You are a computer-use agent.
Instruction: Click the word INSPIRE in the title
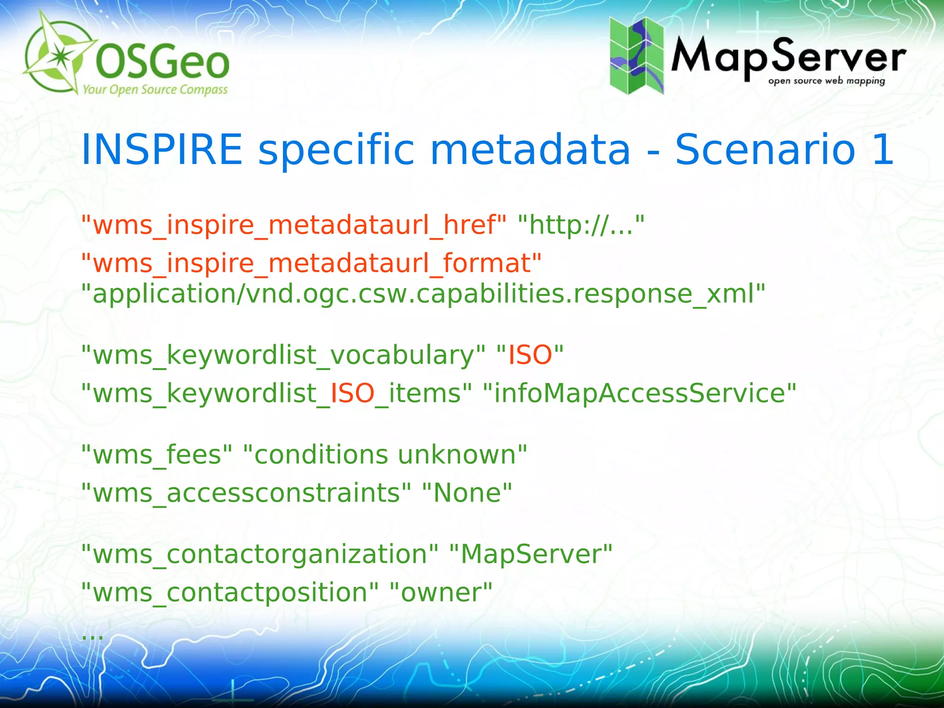click(x=161, y=149)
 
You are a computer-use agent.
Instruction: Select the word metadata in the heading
click(x=530, y=149)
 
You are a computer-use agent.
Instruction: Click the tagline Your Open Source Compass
click(x=155, y=89)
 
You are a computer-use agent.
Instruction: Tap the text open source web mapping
click(x=826, y=81)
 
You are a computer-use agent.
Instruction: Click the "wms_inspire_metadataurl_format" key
click(x=311, y=263)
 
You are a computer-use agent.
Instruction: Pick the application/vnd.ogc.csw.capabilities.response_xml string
click(x=423, y=294)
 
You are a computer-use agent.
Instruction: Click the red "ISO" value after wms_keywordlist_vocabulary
click(x=530, y=355)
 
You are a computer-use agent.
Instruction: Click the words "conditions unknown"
click(x=385, y=455)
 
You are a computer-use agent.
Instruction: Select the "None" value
click(x=467, y=493)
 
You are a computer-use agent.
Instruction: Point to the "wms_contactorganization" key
click(x=260, y=554)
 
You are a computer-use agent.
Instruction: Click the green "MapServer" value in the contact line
click(x=530, y=554)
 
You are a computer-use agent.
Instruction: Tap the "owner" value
click(x=441, y=592)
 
